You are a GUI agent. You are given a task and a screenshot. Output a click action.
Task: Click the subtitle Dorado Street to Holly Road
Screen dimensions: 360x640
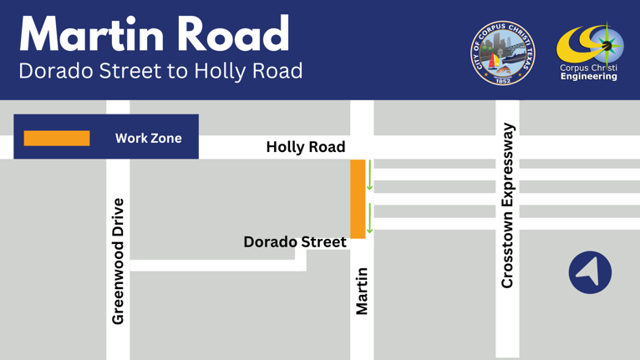(160, 71)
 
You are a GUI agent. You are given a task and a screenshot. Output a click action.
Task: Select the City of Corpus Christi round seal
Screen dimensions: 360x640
(503, 53)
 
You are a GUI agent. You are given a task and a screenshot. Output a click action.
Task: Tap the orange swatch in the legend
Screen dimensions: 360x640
(57, 138)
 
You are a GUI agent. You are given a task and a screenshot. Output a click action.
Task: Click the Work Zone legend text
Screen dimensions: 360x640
(148, 138)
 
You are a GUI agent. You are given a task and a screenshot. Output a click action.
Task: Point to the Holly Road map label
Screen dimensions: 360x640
(305, 147)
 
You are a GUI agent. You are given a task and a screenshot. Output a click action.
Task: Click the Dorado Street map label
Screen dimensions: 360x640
(294, 241)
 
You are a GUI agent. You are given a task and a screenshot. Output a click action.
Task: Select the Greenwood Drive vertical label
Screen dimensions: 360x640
(118, 261)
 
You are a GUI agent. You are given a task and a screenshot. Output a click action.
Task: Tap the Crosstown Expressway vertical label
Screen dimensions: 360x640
(507, 205)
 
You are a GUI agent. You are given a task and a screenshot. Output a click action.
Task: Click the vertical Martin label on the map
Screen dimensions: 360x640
(362, 291)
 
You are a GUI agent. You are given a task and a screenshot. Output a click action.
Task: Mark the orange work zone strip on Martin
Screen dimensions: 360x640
(358, 198)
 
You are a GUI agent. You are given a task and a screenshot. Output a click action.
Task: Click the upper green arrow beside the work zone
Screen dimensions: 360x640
(370, 175)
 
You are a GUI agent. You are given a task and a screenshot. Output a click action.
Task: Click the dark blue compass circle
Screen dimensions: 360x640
(590, 272)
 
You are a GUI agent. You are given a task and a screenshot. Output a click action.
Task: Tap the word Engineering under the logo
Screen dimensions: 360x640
(589, 77)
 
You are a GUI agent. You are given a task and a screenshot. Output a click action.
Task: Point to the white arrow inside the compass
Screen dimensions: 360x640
(591, 271)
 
